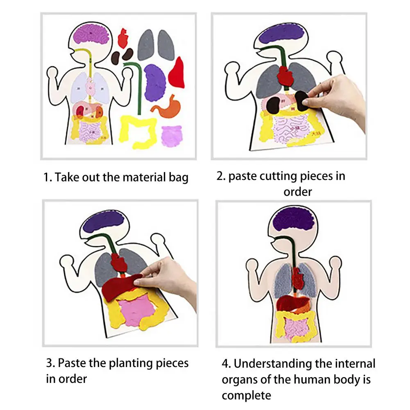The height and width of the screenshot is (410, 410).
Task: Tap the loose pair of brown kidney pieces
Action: point(122,55)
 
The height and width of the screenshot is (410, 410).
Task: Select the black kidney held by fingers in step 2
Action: point(302,99)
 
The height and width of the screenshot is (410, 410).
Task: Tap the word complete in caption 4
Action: point(247,395)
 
